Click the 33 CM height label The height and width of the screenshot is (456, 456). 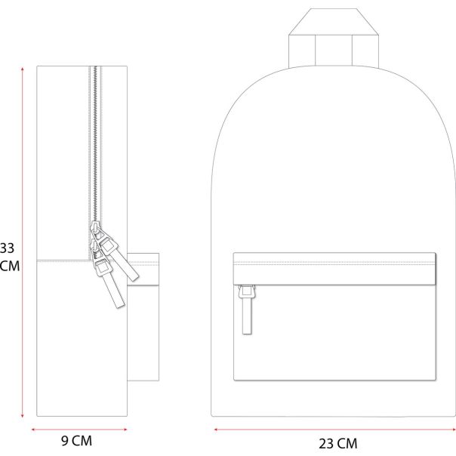(x=10, y=257)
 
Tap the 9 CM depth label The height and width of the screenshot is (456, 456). (x=76, y=441)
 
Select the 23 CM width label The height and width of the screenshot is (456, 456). (x=338, y=444)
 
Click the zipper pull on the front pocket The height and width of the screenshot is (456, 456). (x=247, y=310)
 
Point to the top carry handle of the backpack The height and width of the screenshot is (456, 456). (x=334, y=38)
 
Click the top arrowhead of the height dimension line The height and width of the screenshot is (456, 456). (x=23, y=69)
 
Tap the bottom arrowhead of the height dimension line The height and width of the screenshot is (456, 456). (x=23, y=416)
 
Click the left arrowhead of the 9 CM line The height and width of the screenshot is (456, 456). (x=33, y=430)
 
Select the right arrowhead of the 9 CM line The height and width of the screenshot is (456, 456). (x=125, y=430)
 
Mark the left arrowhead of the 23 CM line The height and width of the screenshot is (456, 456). (x=216, y=430)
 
